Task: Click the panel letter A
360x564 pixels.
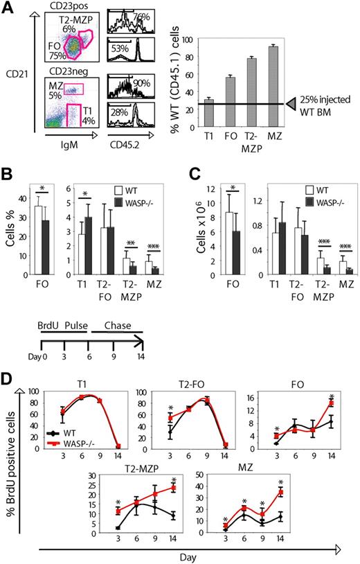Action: [8, 8]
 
